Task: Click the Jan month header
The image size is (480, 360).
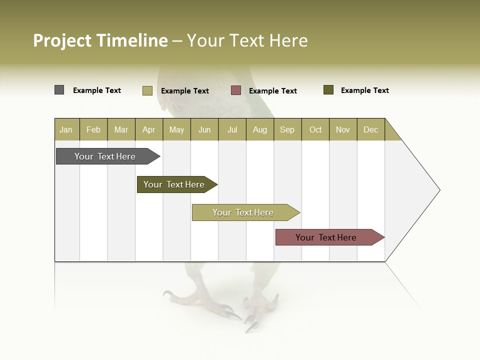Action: pyautogui.click(x=66, y=129)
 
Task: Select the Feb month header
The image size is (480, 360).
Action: pyautogui.click(x=93, y=129)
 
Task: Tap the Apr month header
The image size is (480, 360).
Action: pyautogui.click(x=148, y=129)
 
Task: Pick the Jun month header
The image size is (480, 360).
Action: pyautogui.click(x=204, y=129)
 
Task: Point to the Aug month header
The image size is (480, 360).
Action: pyautogui.click(x=259, y=129)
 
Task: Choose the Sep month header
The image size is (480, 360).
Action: pyautogui.click(x=287, y=129)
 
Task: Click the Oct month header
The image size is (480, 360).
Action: pyautogui.click(x=315, y=129)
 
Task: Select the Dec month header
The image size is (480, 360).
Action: pyautogui.click(x=370, y=129)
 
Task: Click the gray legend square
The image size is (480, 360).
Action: pyautogui.click(x=59, y=90)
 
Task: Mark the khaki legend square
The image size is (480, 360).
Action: pyautogui.click(x=147, y=90)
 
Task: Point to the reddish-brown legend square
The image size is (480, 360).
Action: pyautogui.click(x=236, y=90)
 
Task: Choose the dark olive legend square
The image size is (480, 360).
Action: pyautogui.click(x=328, y=90)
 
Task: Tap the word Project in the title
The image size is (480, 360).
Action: pyautogui.click(x=62, y=40)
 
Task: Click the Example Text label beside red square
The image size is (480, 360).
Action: pyautogui.click(x=272, y=91)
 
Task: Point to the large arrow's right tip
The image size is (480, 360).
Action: pyautogui.click(x=439, y=190)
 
